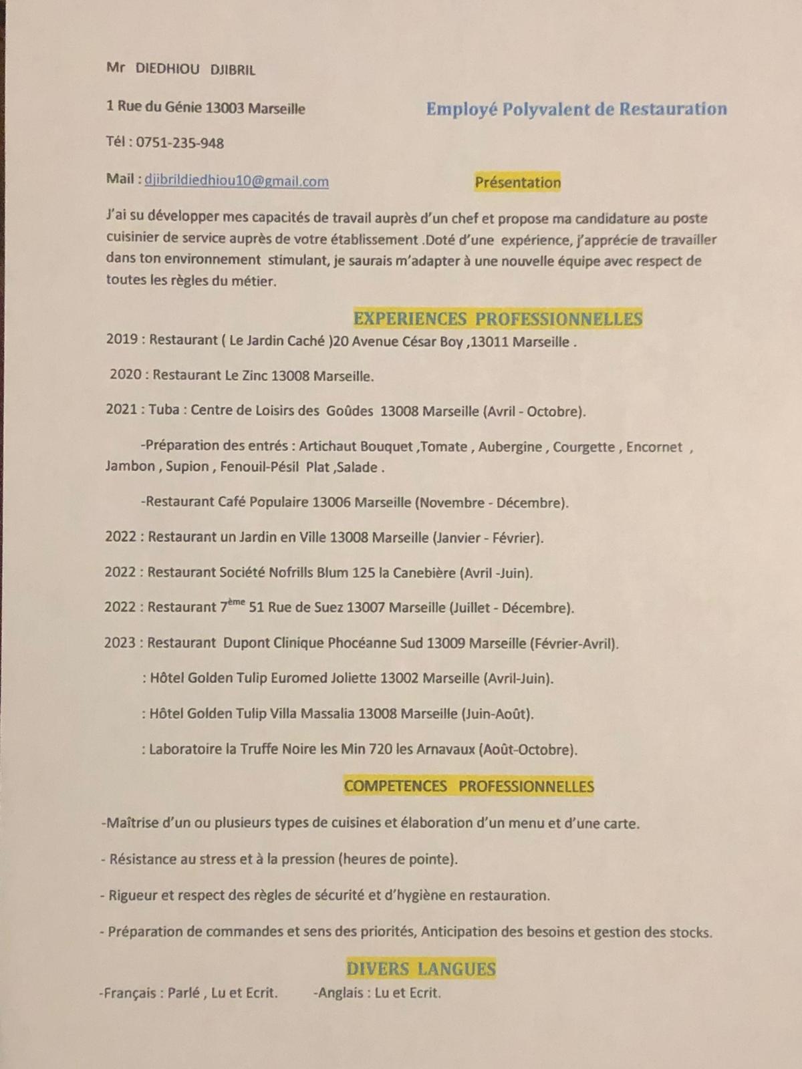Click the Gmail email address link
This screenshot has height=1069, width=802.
(x=237, y=181)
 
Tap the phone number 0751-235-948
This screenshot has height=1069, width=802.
(x=180, y=143)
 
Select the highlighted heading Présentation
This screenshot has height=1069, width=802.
(x=518, y=182)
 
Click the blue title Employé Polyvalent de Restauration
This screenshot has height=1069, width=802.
(x=576, y=109)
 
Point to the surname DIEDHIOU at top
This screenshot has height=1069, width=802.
(x=168, y=69)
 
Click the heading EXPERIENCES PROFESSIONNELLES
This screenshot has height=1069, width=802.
(x=498, y=319)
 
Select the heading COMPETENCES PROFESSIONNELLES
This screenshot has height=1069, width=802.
(x=469, y=786)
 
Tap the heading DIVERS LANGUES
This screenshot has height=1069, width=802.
(x=421, y=969)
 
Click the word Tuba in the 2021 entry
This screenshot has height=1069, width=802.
(x=164, y=410)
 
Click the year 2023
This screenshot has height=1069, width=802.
(x=120, y=643)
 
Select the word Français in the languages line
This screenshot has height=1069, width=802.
(x=130, y=993)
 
